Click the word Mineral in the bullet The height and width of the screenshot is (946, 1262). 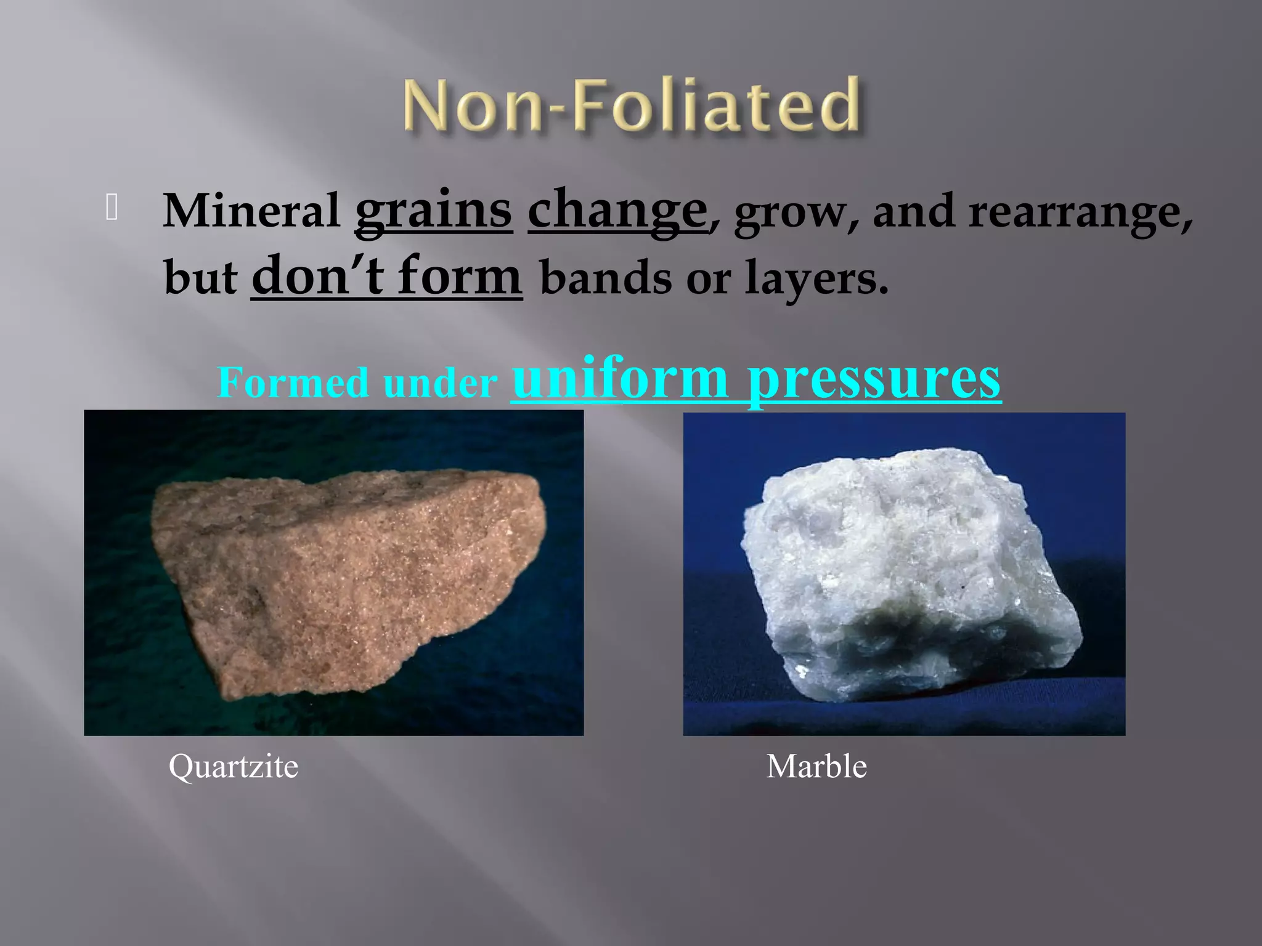click(x=251, y=211)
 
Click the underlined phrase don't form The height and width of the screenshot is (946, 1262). click(x=386, y=277)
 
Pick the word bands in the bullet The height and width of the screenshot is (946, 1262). click(x=606, y=278)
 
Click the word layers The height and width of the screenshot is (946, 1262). click(x=816, y=278)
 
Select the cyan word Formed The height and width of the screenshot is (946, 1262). click(x=293, y=382)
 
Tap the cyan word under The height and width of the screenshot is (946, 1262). click(x=440, y=384)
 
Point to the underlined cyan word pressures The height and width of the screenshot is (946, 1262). click(x=874, y=379)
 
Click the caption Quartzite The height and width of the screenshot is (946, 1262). click(x=234, y=767)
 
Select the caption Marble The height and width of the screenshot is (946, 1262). click(x=816, y=767)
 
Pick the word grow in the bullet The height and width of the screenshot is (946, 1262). click(x=791, y=212)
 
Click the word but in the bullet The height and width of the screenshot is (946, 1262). click(x=200, y=278)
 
